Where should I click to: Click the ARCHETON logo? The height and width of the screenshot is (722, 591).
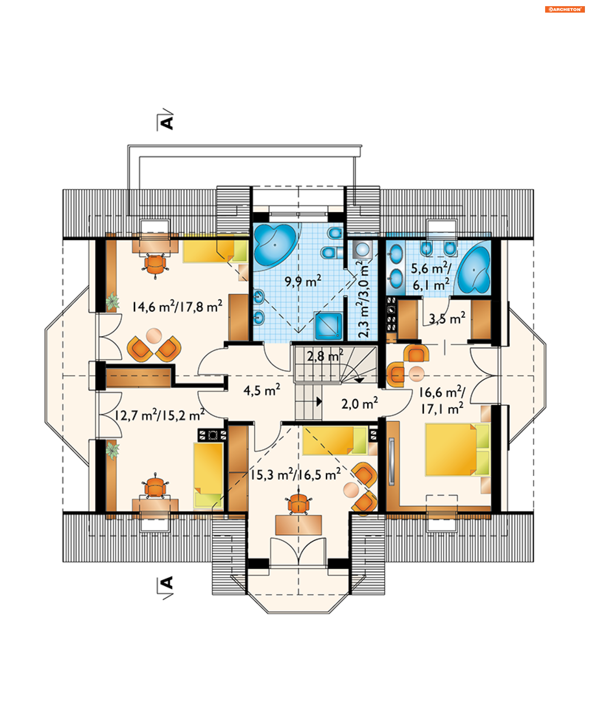click(x=565, y=9)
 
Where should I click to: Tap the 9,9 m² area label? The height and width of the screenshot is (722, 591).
click(x=303, y=281)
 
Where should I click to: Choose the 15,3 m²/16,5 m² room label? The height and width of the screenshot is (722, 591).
click(x=295, y=474)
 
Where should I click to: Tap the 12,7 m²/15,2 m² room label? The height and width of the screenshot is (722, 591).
click(x=159, y=415)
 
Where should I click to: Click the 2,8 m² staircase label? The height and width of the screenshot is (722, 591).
click(x=325, y=356)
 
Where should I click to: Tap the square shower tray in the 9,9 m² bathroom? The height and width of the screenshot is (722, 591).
click(x=328, y=325)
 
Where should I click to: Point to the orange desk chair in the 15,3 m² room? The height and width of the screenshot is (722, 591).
click(x=299, y=503)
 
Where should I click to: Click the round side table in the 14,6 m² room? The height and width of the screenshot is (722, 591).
click(x=154, y=336)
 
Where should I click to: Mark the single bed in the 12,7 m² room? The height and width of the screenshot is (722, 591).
click(x=208, y=475)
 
